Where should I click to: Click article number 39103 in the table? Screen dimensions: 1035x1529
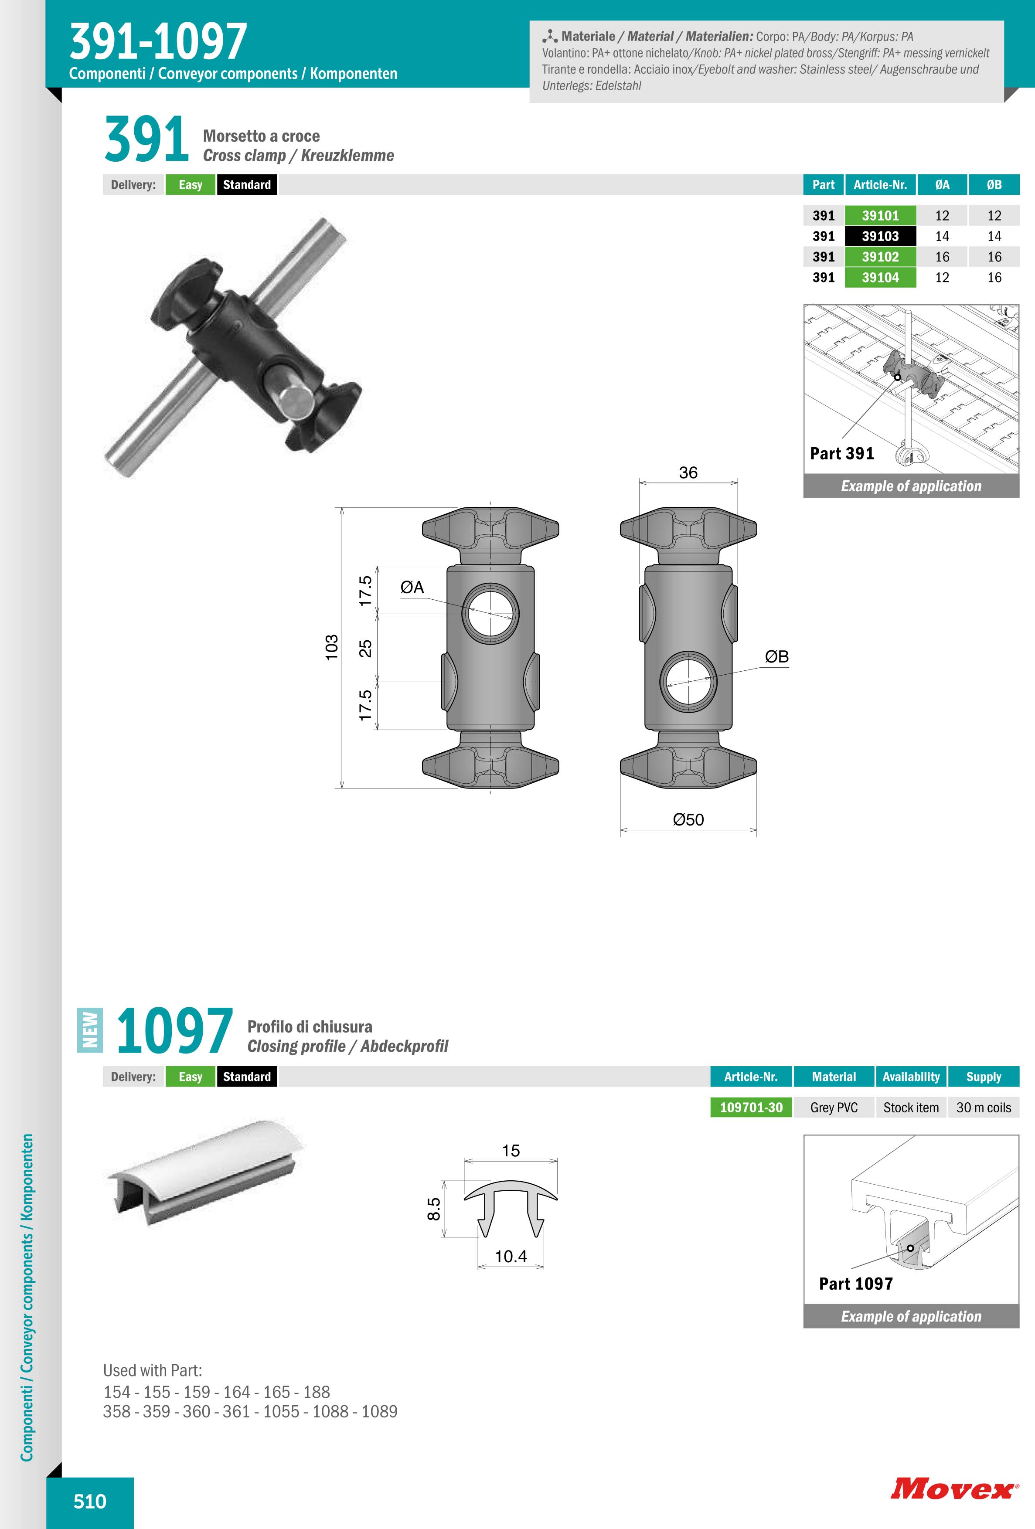pos(880,236)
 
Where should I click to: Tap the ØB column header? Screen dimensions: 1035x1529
pos(994,185)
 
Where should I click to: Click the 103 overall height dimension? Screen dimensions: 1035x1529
pos(332,647)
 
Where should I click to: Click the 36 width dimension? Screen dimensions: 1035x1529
pos(688,472)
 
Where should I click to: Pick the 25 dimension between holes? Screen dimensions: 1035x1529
pos(365,648)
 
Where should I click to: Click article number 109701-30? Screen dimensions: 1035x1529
pos(752,1107)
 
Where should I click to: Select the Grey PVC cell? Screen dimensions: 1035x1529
pos(834,1107)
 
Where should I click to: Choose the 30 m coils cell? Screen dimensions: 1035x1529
pos(984,1107)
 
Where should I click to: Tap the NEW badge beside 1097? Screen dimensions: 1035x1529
pos(90,1030)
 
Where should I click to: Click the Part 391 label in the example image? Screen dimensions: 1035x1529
pos(842,453)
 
